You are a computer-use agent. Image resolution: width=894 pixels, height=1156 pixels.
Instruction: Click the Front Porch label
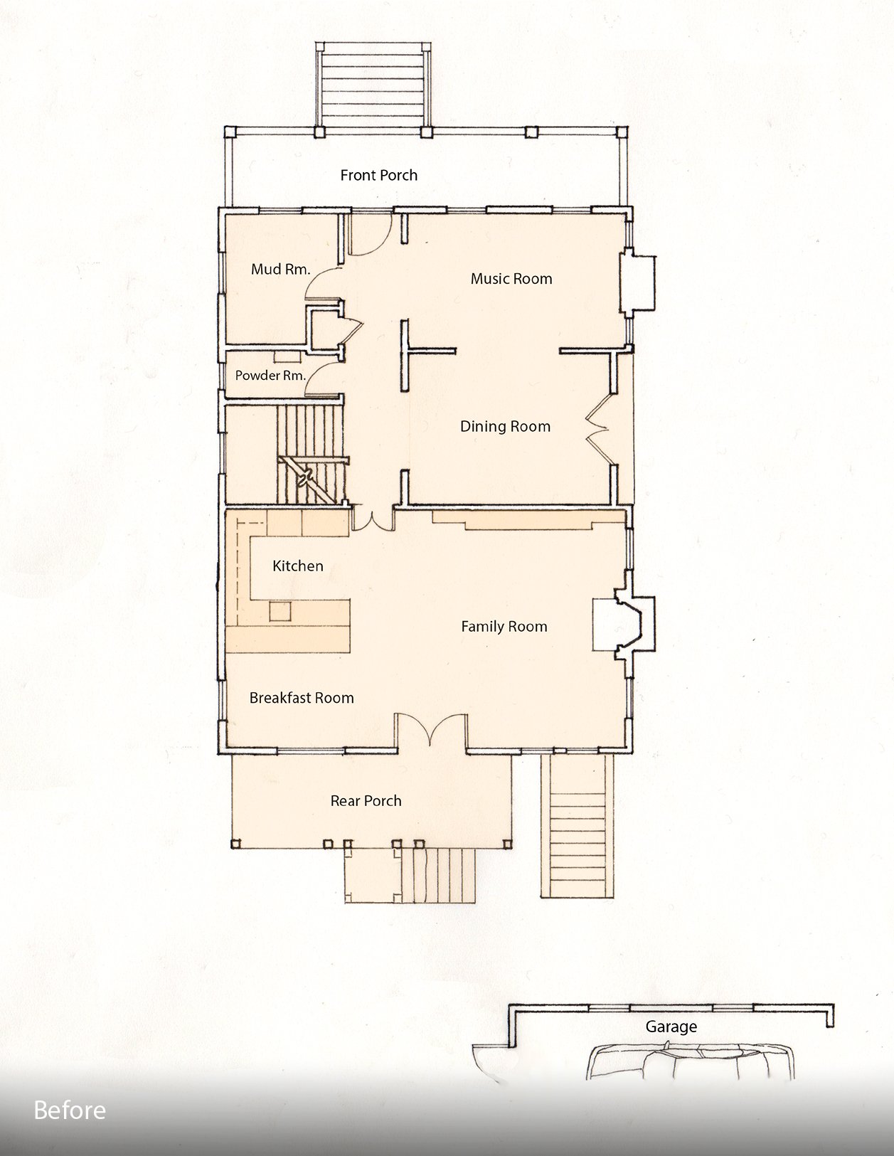click(x=378, y=175)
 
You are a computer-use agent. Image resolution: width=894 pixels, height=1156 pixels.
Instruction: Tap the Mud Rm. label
click(x=280, y=269)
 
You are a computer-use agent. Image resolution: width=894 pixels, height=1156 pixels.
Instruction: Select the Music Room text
click(x=511, y=279)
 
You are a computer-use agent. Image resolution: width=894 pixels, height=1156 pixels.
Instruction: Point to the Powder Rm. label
click(x=270, y=376)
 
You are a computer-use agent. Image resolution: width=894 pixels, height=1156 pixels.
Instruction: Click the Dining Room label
click(x=505, y=427)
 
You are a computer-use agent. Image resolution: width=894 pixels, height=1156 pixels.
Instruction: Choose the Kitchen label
click(x=298, y=566)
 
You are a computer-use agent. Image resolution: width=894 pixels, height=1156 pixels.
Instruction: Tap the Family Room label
click(x=504, y=627)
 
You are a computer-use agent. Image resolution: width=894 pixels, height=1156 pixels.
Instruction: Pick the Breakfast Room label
click(x=302, y=698)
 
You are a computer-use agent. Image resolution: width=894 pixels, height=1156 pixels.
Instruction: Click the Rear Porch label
click(x=366, y=801)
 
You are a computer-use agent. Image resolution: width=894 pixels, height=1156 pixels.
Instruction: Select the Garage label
click(x=671, y=1027)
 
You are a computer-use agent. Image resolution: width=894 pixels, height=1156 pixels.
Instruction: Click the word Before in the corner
click(x=70, y=1110)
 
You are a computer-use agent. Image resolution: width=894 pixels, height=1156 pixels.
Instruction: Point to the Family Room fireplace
click(x=624, y=624)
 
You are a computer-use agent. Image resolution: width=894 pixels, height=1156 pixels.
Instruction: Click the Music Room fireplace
click(x=638, y=283)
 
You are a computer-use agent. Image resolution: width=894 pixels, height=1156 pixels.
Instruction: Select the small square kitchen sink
click(x=280, y=611)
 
